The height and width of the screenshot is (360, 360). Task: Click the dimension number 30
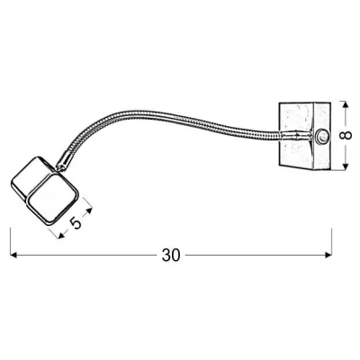coord(171,256)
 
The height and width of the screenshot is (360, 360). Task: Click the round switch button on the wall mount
coord(322,138)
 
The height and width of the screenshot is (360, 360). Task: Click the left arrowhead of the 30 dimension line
coord(13,256)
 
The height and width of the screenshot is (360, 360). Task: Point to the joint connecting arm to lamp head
coord(64,166)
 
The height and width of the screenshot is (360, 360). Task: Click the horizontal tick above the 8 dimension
coord(347,100)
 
